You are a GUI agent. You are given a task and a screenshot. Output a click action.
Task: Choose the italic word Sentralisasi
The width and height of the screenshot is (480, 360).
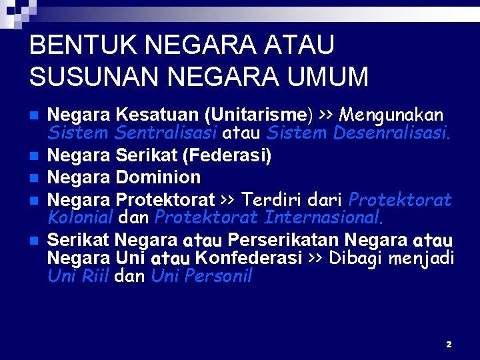(x=166, y=133)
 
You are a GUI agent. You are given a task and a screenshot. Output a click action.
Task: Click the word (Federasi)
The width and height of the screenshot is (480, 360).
(x=227, y=156)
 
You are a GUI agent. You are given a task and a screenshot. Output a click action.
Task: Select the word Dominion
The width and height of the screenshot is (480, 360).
(x=158, y=177)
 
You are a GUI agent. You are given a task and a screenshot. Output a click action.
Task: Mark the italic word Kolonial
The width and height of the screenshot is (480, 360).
(x=79, y=217)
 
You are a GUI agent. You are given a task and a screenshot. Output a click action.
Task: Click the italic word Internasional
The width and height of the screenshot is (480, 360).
(x=324, y=217)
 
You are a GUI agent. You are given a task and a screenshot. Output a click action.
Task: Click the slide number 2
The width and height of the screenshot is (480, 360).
(x=449, y=344)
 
